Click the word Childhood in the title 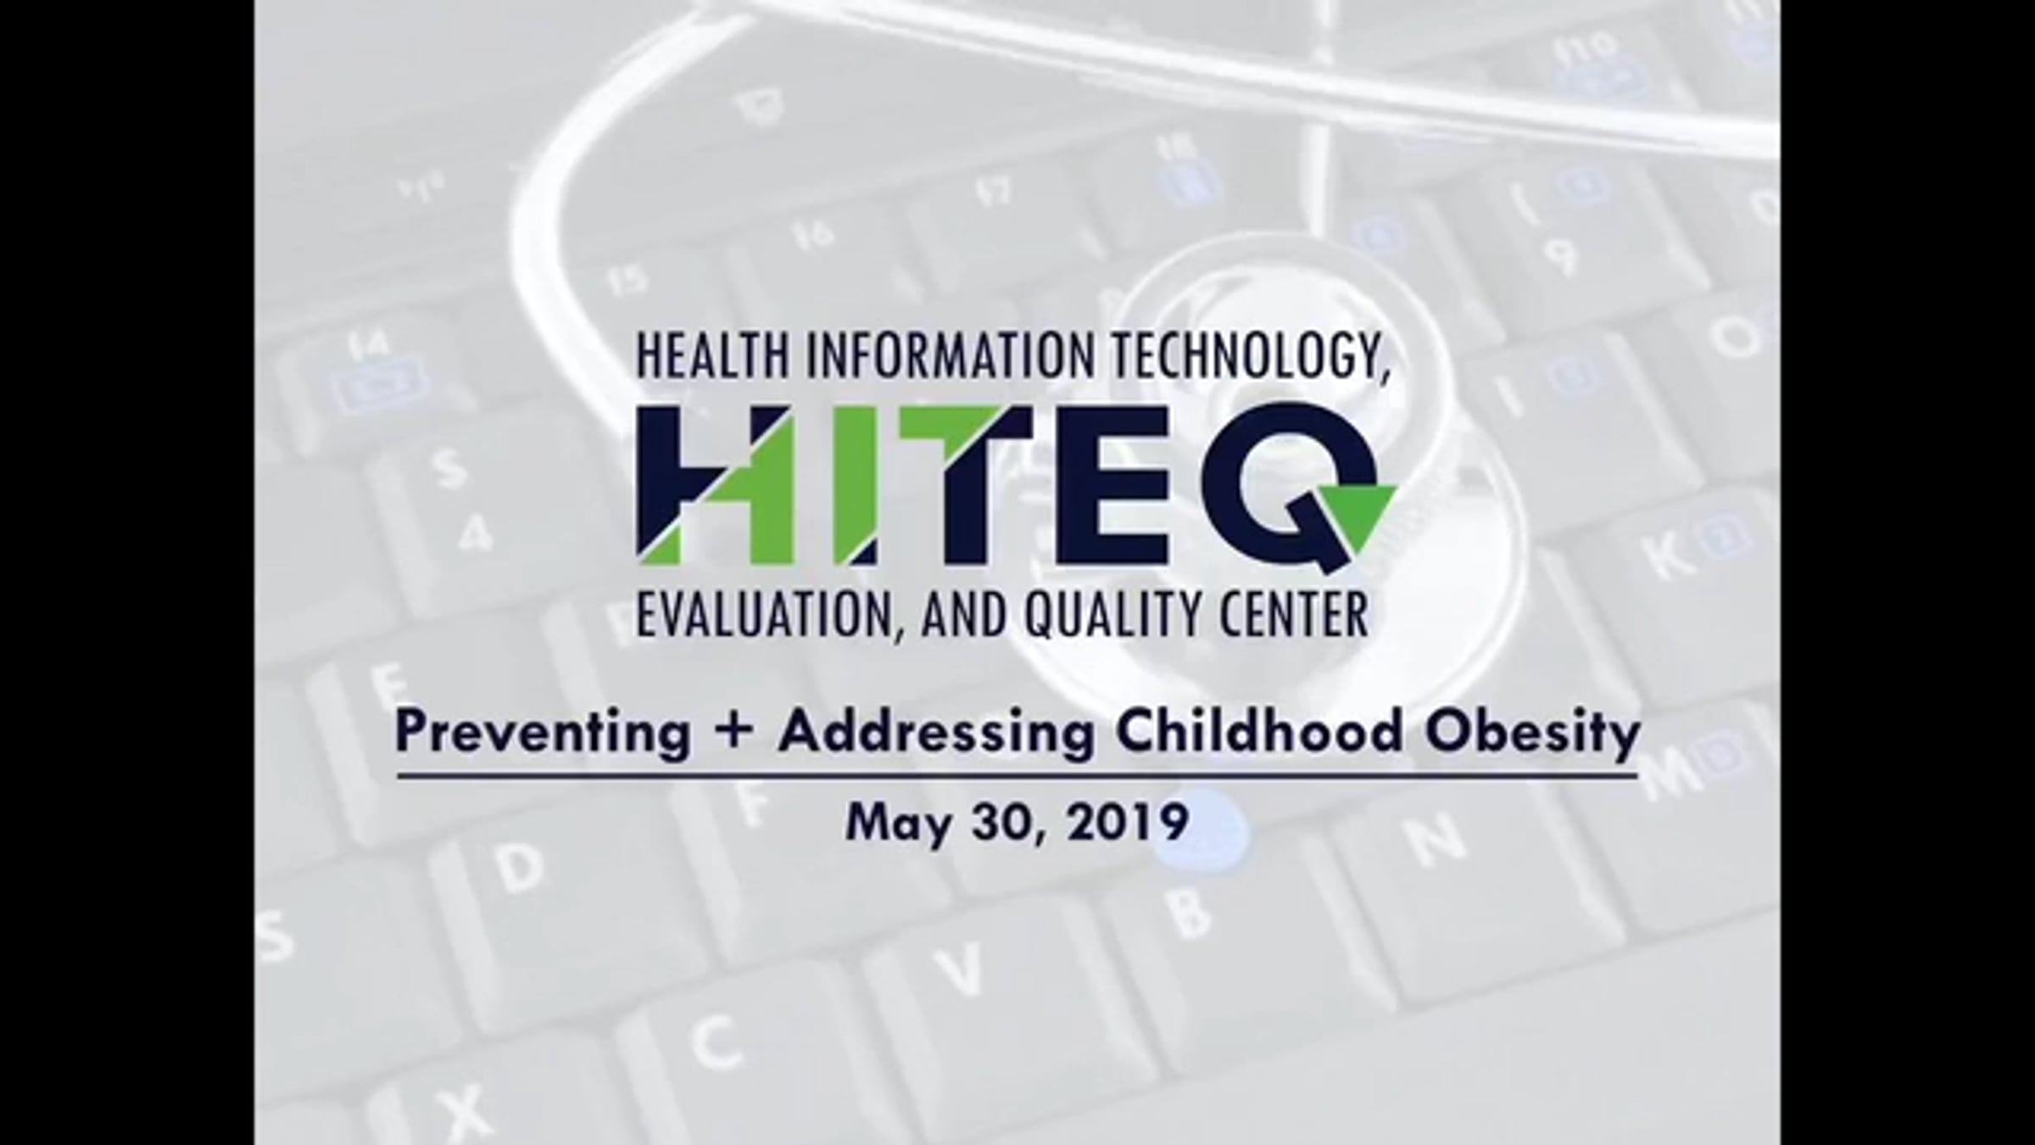click(1259, 731)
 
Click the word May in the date click(898, 824)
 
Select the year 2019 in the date click(1127, 822)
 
